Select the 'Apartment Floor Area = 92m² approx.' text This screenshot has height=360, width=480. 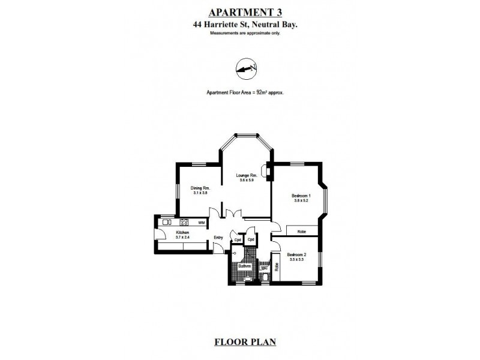click(245, 93)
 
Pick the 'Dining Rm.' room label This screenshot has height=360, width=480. click(200, 188)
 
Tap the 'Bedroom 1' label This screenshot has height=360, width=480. click(300, 196)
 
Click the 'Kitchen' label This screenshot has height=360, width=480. click(182, 232)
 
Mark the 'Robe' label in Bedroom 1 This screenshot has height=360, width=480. click(302, 230)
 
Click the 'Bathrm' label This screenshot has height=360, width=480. click(243, 266)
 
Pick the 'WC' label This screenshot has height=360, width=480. click(264, 268)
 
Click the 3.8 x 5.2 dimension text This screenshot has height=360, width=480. click(300, 202)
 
